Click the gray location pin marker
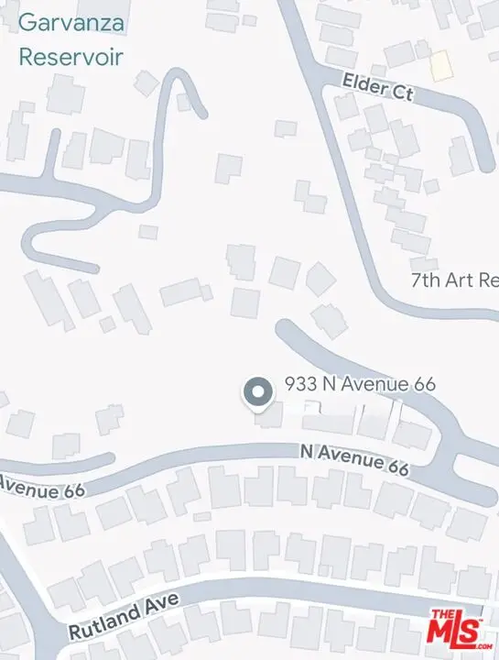[257, 393]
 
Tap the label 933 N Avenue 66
[359, 384]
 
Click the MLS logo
[461, 628]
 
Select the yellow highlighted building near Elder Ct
[442, 64]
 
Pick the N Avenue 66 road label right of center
[353, 459]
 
